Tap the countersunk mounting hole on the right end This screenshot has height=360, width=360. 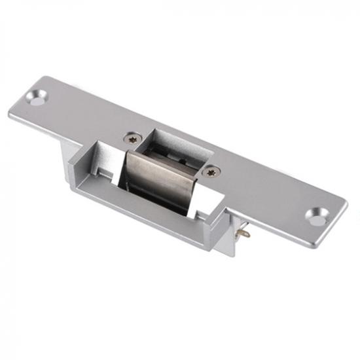point(317,215)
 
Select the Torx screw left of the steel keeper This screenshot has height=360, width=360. point(132,138)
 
